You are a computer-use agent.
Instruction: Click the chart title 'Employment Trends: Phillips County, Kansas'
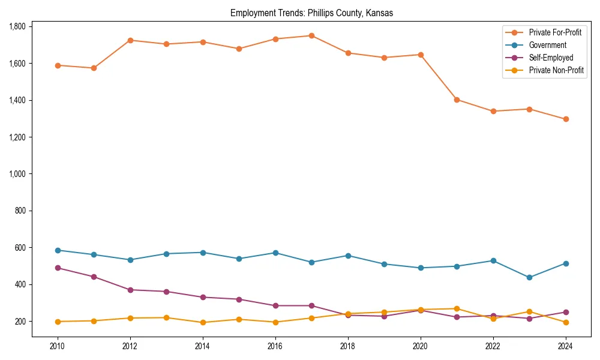(311, 13)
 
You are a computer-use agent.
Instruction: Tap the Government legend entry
(547, 45)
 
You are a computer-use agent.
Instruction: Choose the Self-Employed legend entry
(551, 58)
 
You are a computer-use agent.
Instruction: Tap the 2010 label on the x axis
(58, 346)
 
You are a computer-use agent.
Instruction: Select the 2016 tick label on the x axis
(275, 346)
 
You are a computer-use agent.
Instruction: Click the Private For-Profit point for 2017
(311, 35)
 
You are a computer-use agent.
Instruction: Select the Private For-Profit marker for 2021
(457, 100)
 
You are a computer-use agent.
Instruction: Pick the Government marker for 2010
(58, 250)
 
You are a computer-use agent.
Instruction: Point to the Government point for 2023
(529, 278)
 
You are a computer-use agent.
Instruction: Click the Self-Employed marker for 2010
(58, 268)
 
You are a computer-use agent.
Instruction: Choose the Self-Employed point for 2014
(203, 297)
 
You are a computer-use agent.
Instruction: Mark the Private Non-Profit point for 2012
(130, 318)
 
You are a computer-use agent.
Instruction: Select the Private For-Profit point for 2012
(130, 40)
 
